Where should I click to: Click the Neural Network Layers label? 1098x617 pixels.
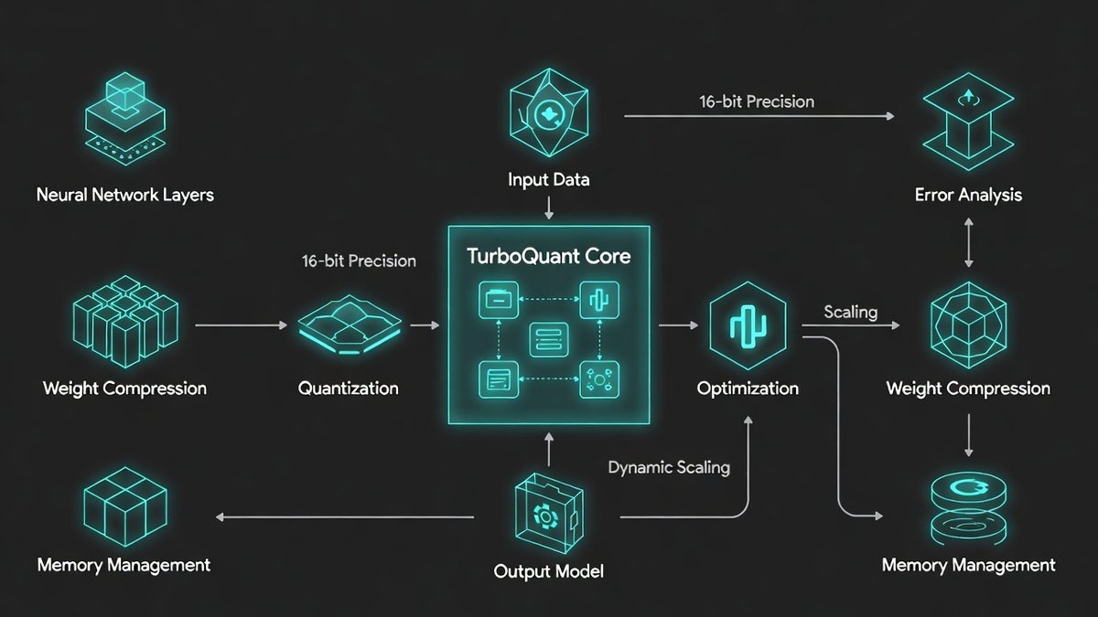tap(124, 195)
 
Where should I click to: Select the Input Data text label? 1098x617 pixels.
tap(548, 179)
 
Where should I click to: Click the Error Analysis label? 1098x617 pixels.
tap(968, 195)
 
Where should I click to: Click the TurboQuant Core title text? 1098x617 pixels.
tap(548, 256)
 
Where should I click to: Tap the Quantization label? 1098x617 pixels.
tap(349, 388)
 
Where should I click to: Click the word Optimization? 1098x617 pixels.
tap(748, 388)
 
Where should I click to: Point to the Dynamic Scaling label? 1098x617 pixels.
tap(669, 468)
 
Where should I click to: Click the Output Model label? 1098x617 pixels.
tap(548, 572)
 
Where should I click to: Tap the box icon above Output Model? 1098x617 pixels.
tap(547, 517)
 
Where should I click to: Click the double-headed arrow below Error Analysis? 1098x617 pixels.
tap(968, 244)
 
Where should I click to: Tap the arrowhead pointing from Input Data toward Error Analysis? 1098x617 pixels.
tap(889, 116)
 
